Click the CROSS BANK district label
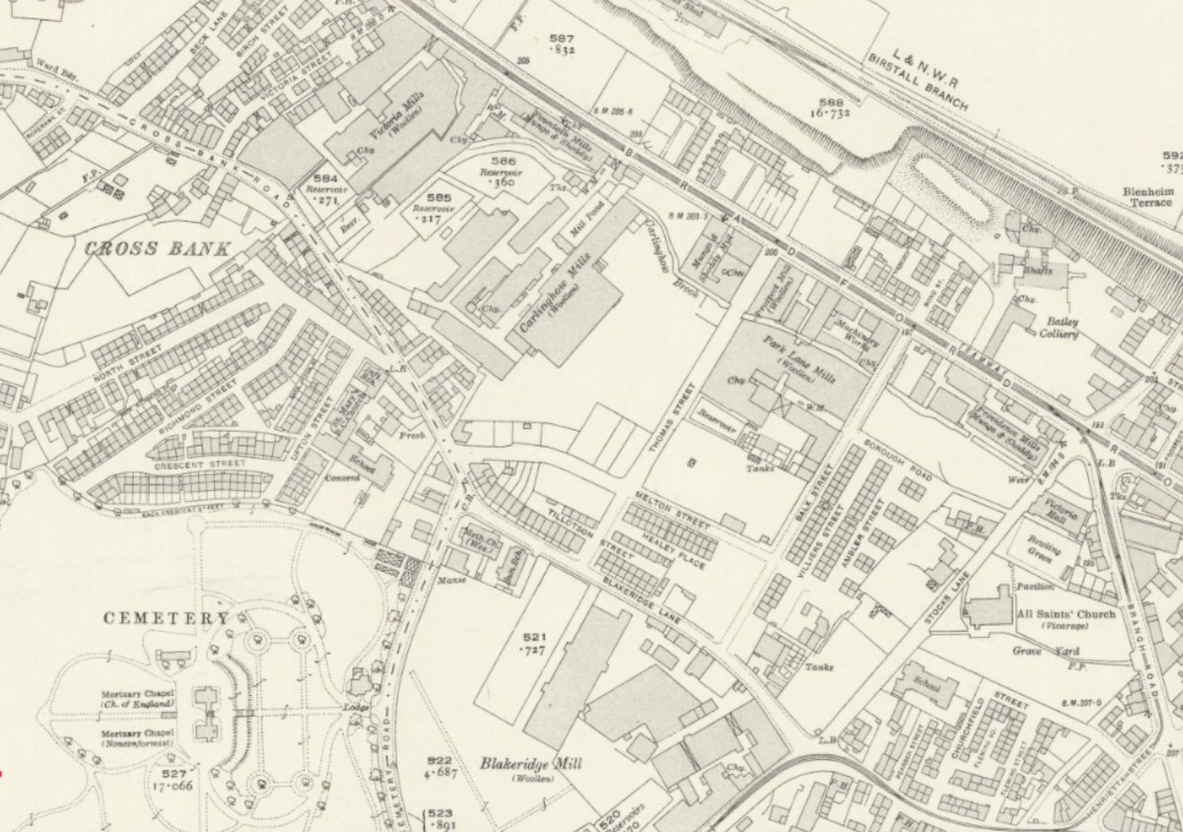tap(157, 248)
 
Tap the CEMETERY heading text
tap(167, 618)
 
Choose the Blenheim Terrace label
tap(1147, 197)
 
